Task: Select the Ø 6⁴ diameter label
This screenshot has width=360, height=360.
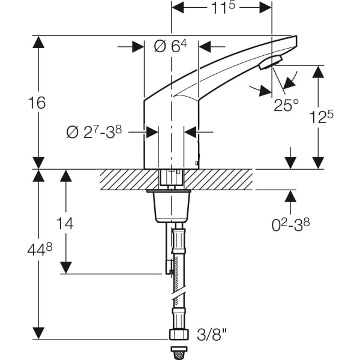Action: [x=171, y=47]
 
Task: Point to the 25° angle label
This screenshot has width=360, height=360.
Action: [x=286, y=106]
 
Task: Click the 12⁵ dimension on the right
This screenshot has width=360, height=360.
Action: [x=321, y=117]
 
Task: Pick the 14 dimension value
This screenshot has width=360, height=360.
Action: [x=65, y=223]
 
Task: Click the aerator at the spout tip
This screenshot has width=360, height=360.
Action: [x=271, y=62]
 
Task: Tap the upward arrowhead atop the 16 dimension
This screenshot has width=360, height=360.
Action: [x=39, y=42]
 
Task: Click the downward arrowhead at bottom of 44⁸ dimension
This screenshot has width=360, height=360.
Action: [x=39, y=333]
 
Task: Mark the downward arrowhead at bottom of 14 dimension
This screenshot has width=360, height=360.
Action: [x=66, y=268]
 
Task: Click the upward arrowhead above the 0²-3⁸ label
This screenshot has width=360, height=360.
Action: [x=291, y=197]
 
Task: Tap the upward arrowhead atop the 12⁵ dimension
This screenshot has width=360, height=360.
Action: [x=317, y=71]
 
